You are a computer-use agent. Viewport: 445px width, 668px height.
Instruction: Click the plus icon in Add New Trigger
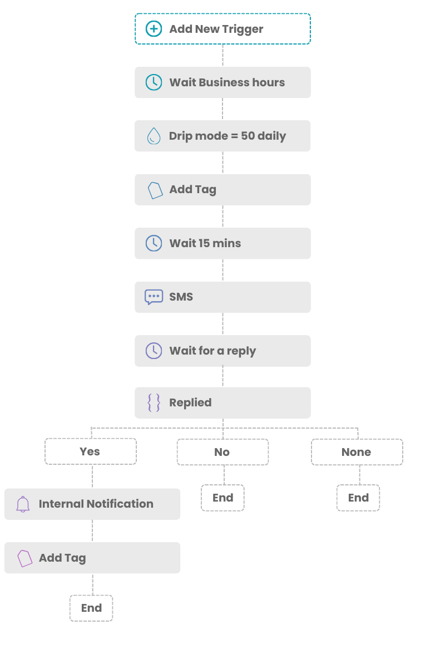[x=154, y=29]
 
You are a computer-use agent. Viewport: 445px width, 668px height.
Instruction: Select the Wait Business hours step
[x=222, y=82]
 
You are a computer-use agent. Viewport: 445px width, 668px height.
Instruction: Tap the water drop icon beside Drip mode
[x=154, y=136]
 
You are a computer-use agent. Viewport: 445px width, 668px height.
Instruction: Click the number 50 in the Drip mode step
[x=248, y=136]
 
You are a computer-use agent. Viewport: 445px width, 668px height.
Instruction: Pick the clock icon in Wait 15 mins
[x=154, y=243]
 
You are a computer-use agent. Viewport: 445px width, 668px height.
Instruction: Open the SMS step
[x=222, y=297]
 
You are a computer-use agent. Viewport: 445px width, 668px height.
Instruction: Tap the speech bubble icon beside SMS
[x=154, y=297]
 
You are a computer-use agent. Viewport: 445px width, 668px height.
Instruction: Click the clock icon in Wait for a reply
[x=154, y=351]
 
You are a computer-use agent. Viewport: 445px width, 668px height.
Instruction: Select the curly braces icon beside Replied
[x=154, y=402]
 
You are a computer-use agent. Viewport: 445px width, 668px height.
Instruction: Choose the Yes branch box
[x=91, y=451]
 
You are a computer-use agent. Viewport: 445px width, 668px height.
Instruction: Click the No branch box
[x=222, y=452]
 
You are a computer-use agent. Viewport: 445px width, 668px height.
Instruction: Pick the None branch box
[x=357, y=452]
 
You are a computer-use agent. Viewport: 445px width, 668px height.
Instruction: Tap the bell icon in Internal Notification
[x=23, y=504]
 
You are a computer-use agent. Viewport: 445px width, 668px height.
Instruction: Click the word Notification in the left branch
[x=120, y=504]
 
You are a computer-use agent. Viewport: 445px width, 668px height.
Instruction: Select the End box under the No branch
[x=222, y=498]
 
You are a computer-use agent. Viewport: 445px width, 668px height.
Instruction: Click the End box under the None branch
[x=358, y=498]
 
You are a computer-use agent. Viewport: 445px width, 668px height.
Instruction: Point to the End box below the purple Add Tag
[x=91, y=608]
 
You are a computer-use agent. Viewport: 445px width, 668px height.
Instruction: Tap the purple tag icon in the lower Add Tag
[x=24, y=558]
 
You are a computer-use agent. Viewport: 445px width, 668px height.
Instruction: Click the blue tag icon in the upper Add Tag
[x=155, y=190]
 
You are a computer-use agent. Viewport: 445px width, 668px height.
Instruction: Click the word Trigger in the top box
[x=243, y=30]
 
